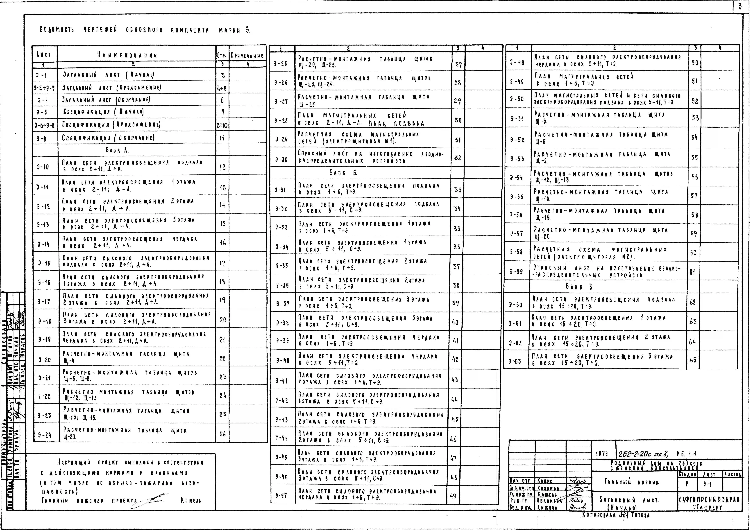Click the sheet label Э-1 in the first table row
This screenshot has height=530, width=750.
[41, 75]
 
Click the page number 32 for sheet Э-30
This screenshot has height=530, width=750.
[458, 158]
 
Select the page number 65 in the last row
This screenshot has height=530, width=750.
[693, 360]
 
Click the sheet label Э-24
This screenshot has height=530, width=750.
[44, 435]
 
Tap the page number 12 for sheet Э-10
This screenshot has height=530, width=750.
[222, 168]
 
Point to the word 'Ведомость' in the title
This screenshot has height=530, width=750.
[57, 30]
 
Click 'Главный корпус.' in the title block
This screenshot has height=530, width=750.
[632, 482]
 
